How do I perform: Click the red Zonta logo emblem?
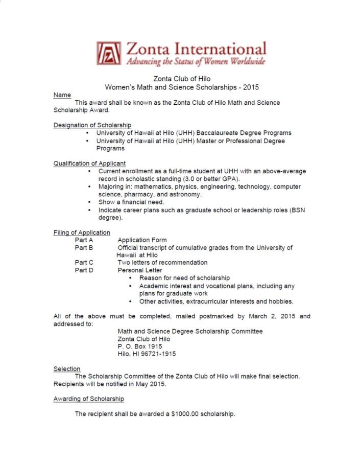point(108,53)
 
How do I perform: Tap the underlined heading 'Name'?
point(62,95)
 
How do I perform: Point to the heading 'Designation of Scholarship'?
point(92,125)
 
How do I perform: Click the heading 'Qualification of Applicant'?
point(89,164)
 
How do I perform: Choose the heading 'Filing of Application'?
point(82,232)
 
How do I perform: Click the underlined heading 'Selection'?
point(67,369)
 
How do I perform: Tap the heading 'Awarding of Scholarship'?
point(88,399)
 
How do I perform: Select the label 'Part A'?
point(84,240)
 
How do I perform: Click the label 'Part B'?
point(84,248)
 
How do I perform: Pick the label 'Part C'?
point(84,263)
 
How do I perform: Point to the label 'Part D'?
point(84,270)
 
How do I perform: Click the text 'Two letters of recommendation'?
point(162,263)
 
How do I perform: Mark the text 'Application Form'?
point(142,240)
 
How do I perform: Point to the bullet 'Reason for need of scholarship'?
point(184,278)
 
